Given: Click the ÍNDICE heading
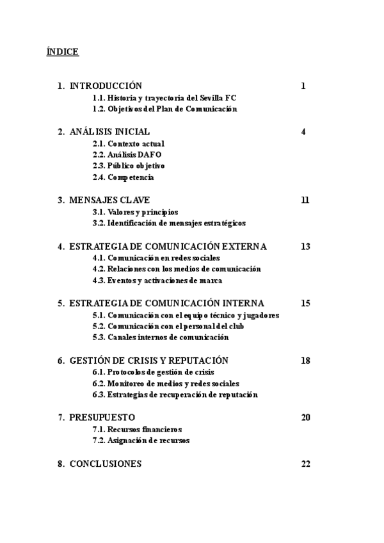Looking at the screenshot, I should (x=63, y=52).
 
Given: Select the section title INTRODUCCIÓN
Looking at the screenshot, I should (x=106, y=86).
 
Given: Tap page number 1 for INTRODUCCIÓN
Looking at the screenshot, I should (x=303, y=86).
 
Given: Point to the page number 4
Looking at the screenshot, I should (x=303, y=132).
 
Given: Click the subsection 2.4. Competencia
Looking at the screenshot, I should (x=124, y=177).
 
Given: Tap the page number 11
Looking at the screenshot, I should (x=305, y=200).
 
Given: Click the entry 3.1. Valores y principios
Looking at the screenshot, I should (x=135, y=212).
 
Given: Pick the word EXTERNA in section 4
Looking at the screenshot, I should (x=246, y=247).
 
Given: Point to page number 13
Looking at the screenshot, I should (x=305, y=247).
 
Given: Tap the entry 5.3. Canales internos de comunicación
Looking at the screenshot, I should (x=160, y=337).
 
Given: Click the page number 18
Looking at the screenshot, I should (x=305, y=361).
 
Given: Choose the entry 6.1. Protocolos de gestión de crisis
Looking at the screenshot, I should (x=153, y=372).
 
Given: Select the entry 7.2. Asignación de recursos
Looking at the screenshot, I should (x=141, y=441).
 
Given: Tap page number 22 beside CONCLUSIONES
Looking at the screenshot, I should (x=305, y=464).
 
